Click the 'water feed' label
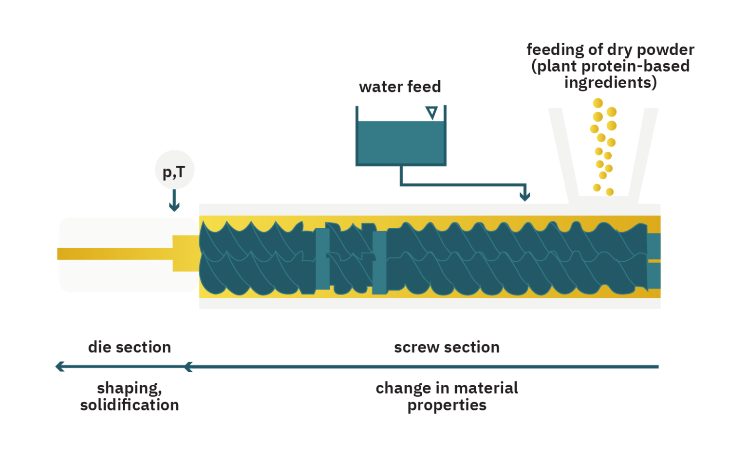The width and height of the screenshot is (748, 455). click(400, 87)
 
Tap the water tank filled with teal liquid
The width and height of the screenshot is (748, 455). click(401, 142)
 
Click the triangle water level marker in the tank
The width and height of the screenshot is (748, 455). click(431, 113)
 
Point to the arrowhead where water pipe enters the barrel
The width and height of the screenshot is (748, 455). click(524, 196)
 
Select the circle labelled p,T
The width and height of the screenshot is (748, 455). click(174, 170)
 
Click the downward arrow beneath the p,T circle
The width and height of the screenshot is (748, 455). click(174, 201)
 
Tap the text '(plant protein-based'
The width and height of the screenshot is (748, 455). click(610, 66)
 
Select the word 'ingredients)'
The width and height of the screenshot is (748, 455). click(610, 83)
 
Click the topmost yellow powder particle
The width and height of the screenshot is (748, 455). click(598, 103)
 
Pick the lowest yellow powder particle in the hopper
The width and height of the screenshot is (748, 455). click(609, 192)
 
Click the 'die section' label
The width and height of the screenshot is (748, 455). click(130, 347)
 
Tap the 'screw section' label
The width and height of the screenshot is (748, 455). click(447, 347)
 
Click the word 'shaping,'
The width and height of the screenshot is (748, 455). click(130, 388)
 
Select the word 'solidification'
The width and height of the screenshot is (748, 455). click(130, 405)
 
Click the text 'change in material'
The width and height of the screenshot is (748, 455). click(447, 388)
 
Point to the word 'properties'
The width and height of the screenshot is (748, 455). click(447, 405)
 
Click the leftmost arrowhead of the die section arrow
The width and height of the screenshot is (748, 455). click(60, 366)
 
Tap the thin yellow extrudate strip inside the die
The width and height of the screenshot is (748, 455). click(115, 254)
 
